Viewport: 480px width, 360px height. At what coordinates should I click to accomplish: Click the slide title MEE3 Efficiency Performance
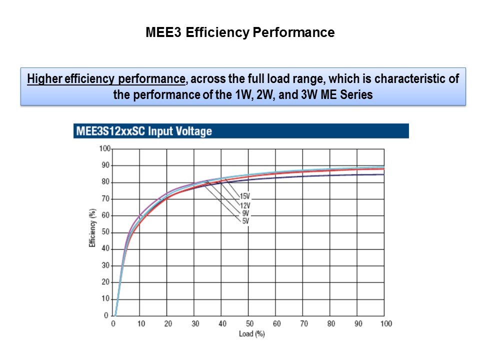click(240, 33)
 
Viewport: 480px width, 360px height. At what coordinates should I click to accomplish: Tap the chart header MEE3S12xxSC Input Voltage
click(143, 131)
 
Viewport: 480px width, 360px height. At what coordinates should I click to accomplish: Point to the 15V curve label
click(244, 196)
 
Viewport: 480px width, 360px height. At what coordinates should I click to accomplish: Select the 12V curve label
click(244, 204)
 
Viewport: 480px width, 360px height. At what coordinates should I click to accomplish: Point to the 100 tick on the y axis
click(104, 148)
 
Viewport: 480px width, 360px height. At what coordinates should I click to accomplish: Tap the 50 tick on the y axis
click(105, 232)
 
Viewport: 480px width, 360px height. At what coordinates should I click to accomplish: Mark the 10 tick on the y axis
click(105, 298)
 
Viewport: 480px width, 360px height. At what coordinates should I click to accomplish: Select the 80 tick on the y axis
click(105, 182)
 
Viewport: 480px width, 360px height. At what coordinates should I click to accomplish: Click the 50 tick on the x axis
click(249, 323)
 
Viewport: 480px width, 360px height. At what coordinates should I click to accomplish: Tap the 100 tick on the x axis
click(385, 323)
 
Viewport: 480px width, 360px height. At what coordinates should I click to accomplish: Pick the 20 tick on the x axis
click(168, 323)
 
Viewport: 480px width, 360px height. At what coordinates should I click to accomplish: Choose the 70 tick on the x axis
click(304, 323)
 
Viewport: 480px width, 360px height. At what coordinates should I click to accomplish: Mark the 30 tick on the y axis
click(105, 265)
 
